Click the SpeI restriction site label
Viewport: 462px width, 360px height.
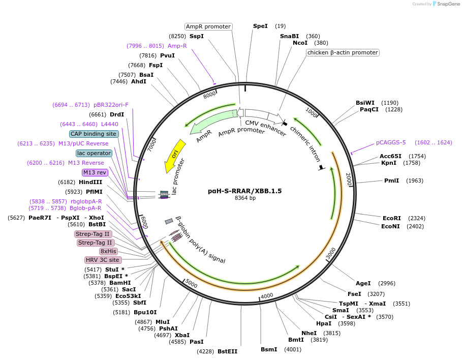coord(260,26)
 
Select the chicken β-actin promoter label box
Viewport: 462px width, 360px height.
coord(343,52)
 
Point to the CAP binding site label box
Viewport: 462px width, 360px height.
coord(94,134)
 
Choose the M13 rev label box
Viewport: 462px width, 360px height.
coord(95,172)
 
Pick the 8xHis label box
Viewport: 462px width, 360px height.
coord(109,251)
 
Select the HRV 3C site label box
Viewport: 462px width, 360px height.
coord(103,260)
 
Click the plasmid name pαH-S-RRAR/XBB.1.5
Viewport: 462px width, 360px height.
coord(244,191)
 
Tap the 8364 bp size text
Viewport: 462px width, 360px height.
coord(245,198)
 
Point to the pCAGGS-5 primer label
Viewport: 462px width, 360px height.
coord(391,142)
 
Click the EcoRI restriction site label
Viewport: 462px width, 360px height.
coord(391,218)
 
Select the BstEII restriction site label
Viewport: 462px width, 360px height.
coord(227,351)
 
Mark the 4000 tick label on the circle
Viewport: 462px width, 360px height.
coord(267,295)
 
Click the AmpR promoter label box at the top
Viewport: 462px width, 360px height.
coord(208,26)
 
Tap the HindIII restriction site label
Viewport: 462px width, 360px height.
coord(90,182)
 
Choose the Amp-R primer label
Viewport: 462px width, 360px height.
coord(177,46)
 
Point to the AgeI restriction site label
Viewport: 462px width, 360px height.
coord(363,283)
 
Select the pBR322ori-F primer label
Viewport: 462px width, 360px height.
coord(111,105)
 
